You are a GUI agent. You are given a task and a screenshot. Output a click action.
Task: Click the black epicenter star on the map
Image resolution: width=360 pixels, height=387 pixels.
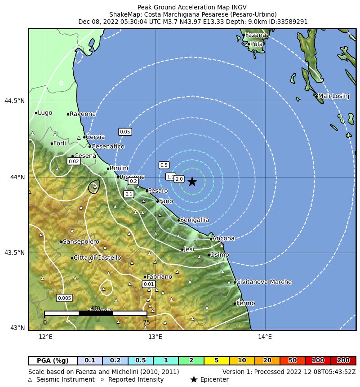[192, 182]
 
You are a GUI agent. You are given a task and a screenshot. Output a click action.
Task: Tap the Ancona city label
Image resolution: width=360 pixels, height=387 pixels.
[223, 238]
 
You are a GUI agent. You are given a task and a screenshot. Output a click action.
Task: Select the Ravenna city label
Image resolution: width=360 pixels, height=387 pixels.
[83, 114]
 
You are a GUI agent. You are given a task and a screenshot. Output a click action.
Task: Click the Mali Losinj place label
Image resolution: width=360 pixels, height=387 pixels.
[333, 96]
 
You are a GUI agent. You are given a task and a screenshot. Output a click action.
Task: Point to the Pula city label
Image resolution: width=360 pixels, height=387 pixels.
[256, 44]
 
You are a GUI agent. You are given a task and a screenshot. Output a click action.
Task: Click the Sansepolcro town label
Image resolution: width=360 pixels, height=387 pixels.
[81, 242]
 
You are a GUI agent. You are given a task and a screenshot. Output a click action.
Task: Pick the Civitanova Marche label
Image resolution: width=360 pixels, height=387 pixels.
[264, 282]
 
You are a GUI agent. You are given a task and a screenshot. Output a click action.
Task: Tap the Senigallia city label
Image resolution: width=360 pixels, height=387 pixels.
[194, 220]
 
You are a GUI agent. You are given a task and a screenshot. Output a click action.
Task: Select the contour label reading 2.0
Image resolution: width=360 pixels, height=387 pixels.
[179, 179]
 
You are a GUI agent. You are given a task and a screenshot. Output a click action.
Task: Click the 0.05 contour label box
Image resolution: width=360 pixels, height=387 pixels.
[125, 132]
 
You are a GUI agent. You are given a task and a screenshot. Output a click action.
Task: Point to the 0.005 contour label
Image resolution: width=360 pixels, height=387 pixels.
[64, 298]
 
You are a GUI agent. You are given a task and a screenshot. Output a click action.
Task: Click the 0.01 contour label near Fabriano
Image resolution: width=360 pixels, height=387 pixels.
[149, 284]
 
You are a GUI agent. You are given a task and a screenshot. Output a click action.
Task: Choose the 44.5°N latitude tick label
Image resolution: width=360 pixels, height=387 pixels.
[14, 101]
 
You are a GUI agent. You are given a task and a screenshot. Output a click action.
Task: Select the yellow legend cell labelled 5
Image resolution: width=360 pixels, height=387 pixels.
[217, 360]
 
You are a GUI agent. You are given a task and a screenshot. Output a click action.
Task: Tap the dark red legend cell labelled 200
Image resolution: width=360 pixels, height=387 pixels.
[343, 360]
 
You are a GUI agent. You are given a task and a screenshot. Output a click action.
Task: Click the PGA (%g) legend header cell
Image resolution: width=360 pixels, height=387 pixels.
[53, 360]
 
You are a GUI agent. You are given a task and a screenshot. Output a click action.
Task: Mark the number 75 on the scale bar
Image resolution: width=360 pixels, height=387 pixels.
[147, 322]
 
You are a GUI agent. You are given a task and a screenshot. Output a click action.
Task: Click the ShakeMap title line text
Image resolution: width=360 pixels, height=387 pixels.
[193, 14]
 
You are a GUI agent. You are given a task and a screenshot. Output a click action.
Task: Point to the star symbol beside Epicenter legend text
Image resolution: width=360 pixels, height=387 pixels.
[194, 379]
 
